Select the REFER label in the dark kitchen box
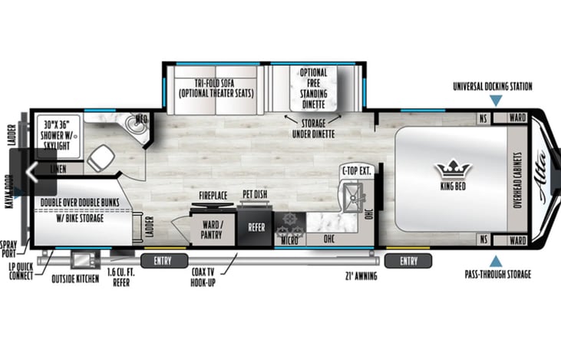256,228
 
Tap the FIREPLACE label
213,196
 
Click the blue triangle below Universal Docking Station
492,100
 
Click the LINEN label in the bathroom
57,168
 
